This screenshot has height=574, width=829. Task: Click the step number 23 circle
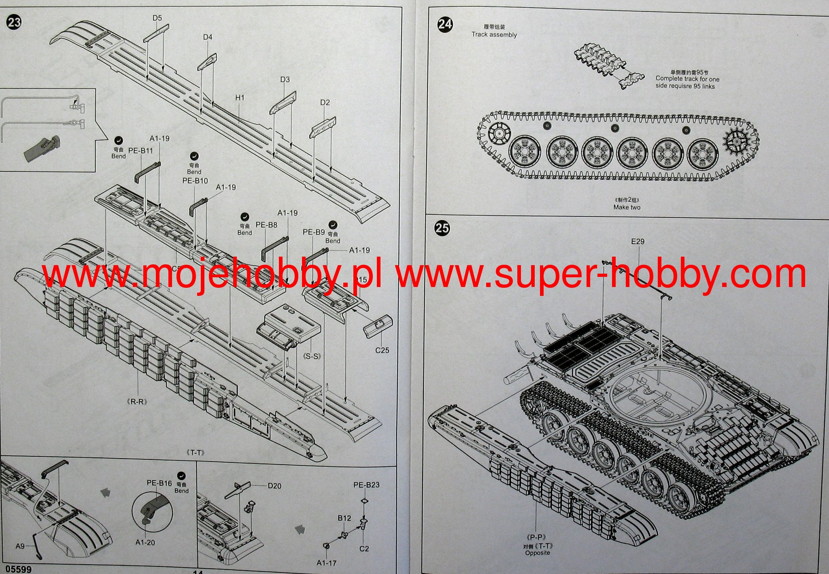[14, 22]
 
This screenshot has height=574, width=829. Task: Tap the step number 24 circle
[445, 24]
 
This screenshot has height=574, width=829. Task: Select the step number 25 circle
[442, 228]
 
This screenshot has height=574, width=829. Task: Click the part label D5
[157, 18]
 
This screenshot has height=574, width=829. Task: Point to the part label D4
[208, 37]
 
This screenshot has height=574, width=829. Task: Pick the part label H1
[240, 98]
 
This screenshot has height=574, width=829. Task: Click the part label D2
[325, 102]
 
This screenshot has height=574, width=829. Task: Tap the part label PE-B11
[140, 150]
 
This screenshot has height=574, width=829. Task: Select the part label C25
[382, 350]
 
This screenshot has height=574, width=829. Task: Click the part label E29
[638, 241]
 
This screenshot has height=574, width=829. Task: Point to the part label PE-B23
[366, 485]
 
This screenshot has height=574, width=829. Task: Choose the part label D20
[274, 486]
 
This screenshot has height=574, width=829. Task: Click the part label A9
[20, 546]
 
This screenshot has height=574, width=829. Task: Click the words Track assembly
[494, 35]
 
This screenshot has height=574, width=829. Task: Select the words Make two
[627, 207]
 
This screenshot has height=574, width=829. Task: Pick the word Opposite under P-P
[537, 553]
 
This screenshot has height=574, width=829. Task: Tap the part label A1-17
[327, 563]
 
